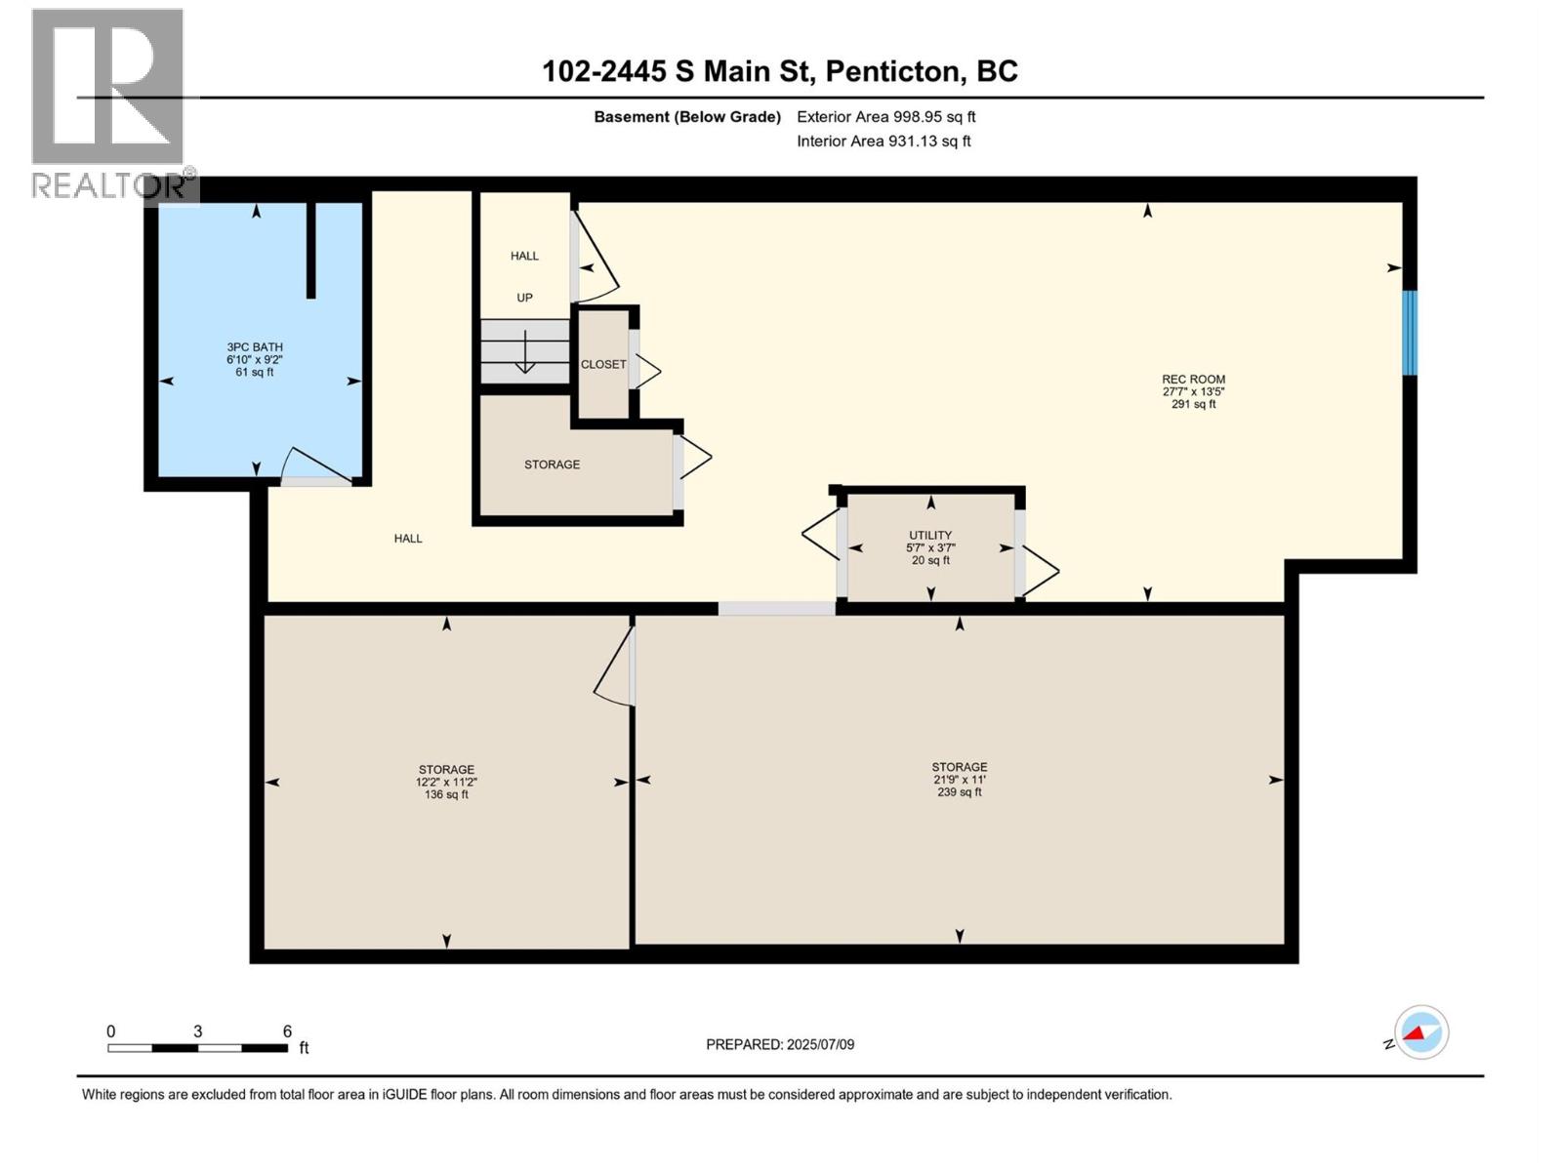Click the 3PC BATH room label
click(x=255, y=347)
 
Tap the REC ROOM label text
click(x=1193, y=380)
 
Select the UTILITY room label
click(x=930, y=536)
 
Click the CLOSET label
click(x=603, y=364)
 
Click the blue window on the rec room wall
click(x=1409, y=333)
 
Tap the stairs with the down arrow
click(x=524, y=351)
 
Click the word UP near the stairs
click(x=524, y=298)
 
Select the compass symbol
click(x=1420, y=1032)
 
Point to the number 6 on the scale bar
click(x=287, y=1031)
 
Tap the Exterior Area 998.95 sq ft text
click(x=885, y=117)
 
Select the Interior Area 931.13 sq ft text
click(x=884, y=141)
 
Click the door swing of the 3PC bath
click(x=314, y=465)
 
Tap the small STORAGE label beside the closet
click(x=552, y=464)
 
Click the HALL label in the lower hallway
click(x=408, y=539)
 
